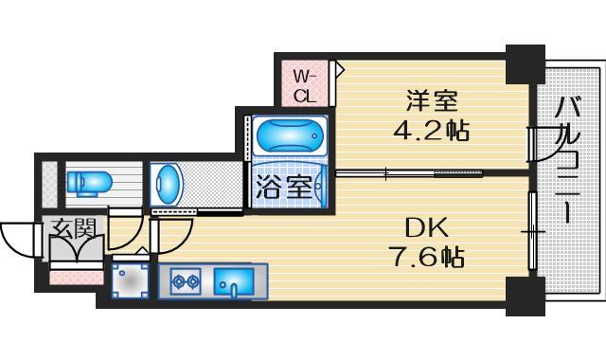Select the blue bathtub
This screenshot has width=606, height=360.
pos(290,136)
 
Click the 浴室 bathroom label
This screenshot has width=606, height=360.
pos(283,186)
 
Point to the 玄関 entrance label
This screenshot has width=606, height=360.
pos(74,228)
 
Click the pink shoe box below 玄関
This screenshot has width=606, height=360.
pos(75,278)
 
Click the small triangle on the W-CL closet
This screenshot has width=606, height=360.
pos(339,69)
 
